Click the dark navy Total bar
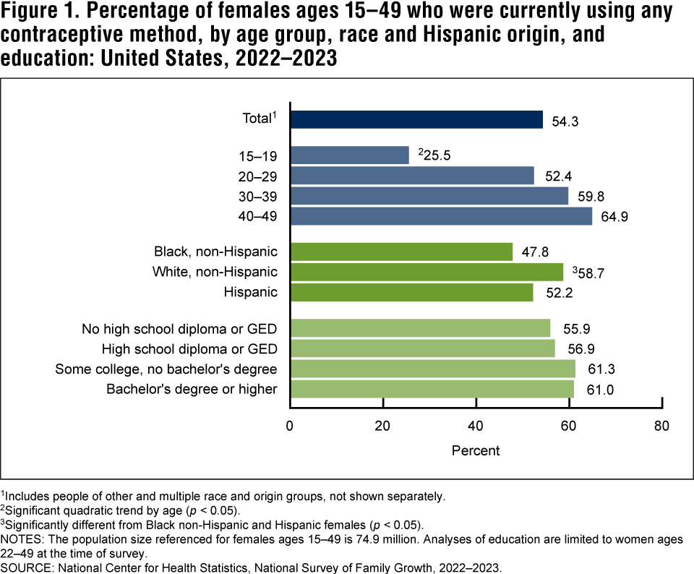click(416, 119)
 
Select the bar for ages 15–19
click(349, 155)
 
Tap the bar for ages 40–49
click(441, 215)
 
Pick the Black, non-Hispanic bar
click(401, 252)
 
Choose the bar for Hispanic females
click(411, 292)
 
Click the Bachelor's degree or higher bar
click(432, 389)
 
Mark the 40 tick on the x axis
click(476, 425)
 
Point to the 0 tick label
click(290, 425)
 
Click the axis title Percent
click(476, 450)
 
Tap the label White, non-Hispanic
click(215, 272)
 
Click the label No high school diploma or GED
click(180, 330)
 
